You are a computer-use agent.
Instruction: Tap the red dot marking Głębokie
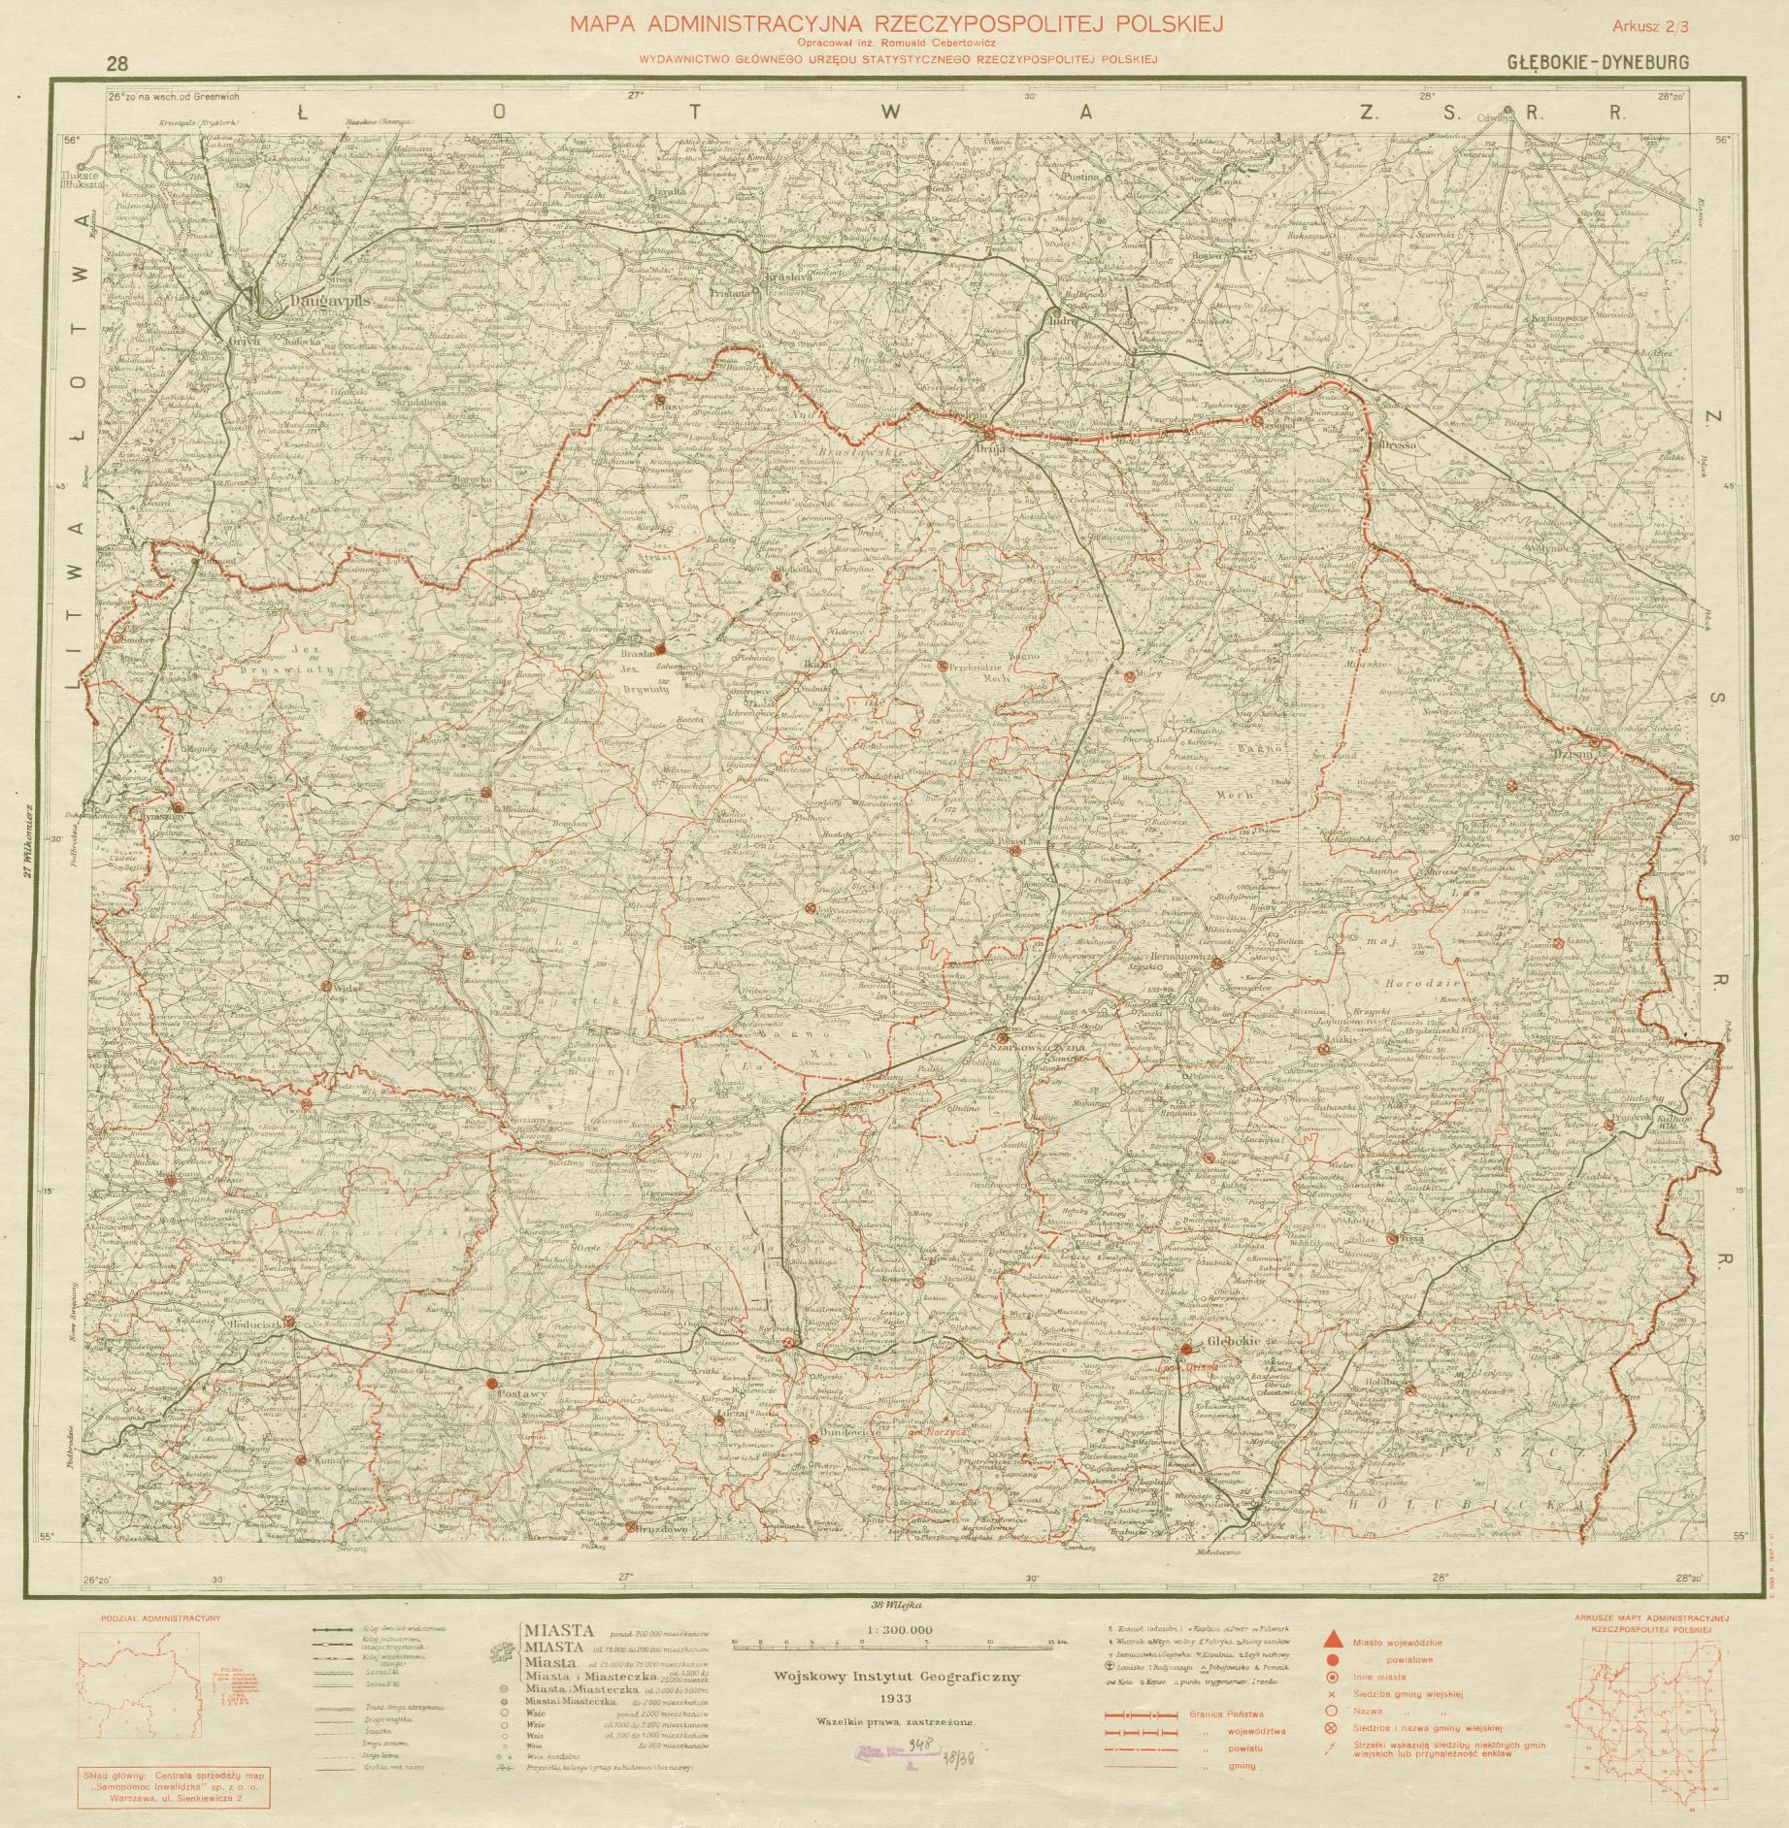tap(1186, 1350)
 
